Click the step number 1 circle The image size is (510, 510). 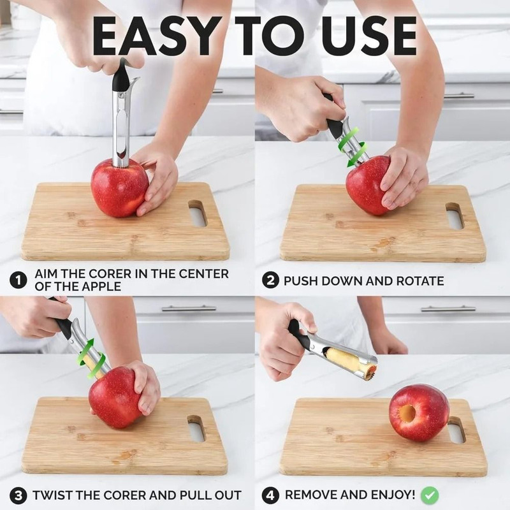click(18, 280)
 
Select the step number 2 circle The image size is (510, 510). click(272, 280)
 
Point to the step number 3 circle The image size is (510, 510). click(18, 495)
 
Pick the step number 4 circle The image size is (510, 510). click(271, 495)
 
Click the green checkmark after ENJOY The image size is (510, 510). click(430, 495)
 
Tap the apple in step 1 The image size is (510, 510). click(119, 188)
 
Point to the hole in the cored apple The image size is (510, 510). click(407, 414)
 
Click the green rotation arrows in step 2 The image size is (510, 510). click(349, 147)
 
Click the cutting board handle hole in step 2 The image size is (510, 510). click(454, 216)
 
